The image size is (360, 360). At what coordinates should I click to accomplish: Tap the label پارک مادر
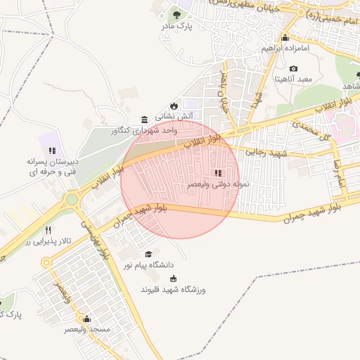(195, 26)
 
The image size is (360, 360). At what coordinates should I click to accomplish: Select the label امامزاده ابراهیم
(285, 49)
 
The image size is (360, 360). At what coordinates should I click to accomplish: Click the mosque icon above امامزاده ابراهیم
(285, 37)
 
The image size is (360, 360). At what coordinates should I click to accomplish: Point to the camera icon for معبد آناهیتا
(293, 68)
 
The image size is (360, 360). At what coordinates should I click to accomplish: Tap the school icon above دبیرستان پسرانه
(52, 150)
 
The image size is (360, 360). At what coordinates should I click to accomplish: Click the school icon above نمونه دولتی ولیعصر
(217, 173)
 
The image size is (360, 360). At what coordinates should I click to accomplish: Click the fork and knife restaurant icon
(48, 230)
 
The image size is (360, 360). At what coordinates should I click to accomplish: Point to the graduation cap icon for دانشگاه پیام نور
(148, 254)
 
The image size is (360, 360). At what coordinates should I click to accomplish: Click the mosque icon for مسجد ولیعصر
(86, 318)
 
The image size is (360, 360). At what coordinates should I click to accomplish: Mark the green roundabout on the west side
(72, 200)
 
